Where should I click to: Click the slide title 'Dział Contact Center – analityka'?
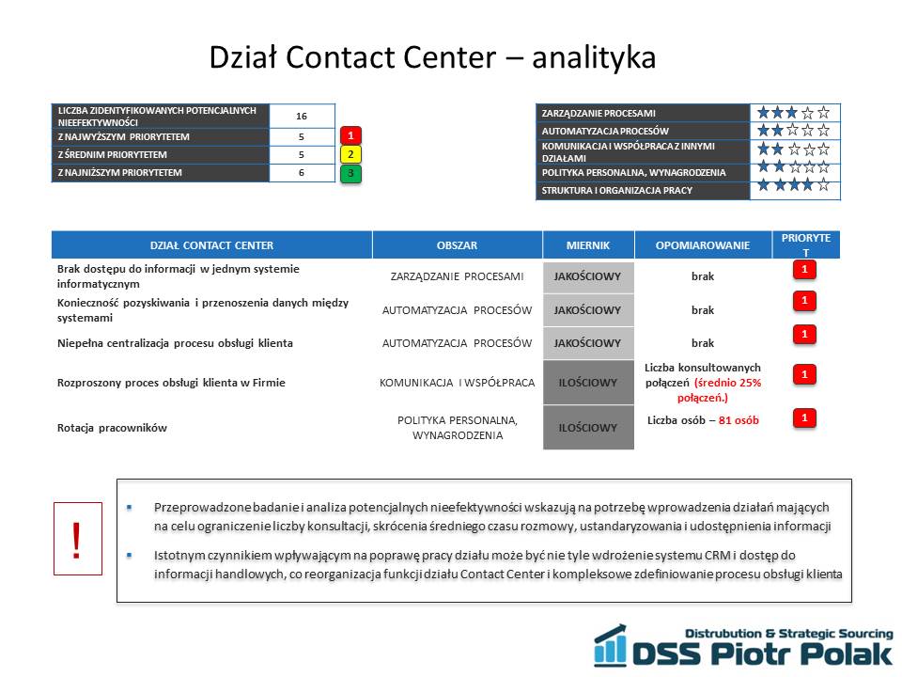point(432,57)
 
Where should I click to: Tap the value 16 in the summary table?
point(302,117)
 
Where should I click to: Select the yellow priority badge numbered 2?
point(350,154)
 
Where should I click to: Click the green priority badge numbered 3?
point(350,173)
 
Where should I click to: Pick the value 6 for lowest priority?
point(302,173)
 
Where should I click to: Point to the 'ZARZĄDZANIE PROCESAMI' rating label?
point(599,114)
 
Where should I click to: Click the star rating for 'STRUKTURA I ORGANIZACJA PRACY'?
point(793,185)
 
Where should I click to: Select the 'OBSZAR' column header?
point(457,245)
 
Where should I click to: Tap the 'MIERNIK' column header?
point(588,245)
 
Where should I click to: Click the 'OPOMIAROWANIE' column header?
point(703,245)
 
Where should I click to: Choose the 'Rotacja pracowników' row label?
point(112,428)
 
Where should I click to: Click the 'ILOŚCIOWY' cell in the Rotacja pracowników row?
point(588,428)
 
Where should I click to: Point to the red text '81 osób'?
point(739,420)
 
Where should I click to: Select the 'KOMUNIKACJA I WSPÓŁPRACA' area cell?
point(457,383)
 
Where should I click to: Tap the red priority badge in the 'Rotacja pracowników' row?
point(804,417)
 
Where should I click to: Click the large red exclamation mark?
point(76,540)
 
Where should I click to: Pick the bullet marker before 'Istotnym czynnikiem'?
point(130,556)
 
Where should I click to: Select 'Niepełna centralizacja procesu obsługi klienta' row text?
point(175,343)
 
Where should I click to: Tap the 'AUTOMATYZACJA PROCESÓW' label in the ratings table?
point(605,132)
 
